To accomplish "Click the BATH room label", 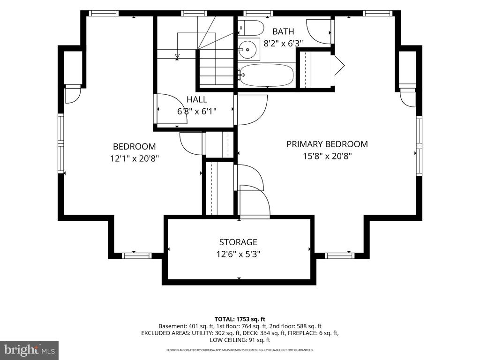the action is (283, 31).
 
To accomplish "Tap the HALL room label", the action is (197, 99).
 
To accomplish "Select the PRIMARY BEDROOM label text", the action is (327, 144).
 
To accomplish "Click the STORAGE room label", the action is (238, 242).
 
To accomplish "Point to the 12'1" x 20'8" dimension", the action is (135, 158).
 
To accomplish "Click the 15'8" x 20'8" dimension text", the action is (327, 156).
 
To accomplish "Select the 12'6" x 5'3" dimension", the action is (238, 254).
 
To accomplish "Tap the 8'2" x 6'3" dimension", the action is (283, 44).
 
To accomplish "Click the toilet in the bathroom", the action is (251, 28).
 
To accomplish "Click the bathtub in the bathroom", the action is (266, 75).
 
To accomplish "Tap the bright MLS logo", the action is (30, 349).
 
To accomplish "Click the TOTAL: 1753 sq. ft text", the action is (240, 319).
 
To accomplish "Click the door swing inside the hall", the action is (172, 109).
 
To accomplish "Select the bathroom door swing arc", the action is (319, 32).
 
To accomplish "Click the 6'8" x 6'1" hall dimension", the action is (197, 111).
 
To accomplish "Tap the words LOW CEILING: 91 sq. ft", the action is (240, 340).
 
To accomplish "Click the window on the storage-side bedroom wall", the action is (136, 255).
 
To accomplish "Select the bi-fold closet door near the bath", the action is (338, 65).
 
